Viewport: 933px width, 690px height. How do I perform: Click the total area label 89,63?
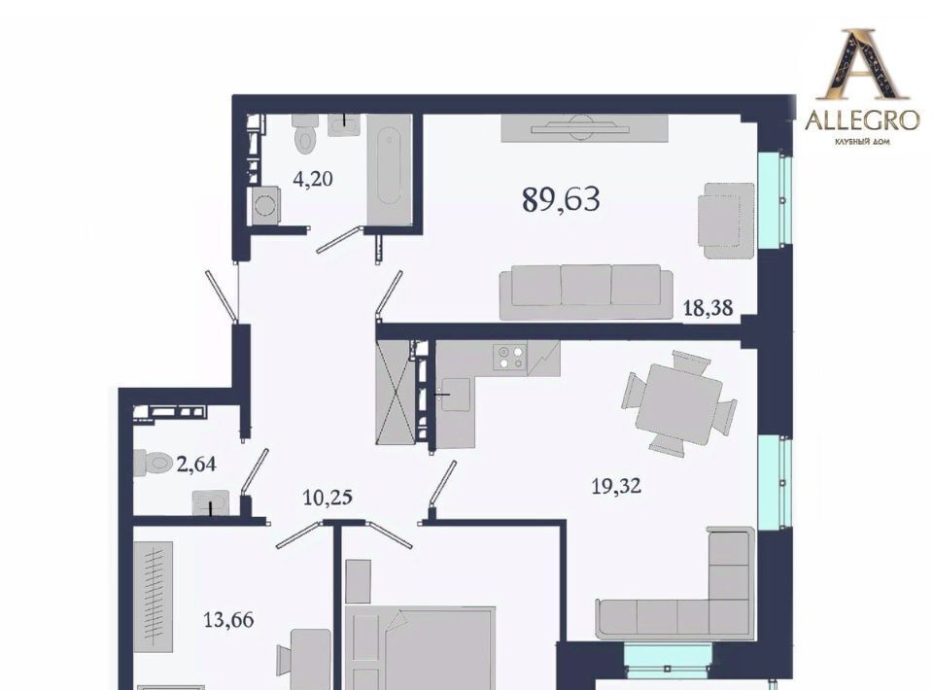click(561, 199)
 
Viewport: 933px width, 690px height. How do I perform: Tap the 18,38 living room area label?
click(708, 308)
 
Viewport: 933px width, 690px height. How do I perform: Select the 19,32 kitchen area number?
click(616, 487)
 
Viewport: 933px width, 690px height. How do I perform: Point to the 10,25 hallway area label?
click(328, 498)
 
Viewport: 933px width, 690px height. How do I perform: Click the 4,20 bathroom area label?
click(313, 179)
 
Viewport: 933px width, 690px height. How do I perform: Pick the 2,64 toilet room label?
click(196, 464)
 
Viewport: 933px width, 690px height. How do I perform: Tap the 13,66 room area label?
click(228, 620)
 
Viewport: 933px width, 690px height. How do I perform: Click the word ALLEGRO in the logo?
click(862, 121)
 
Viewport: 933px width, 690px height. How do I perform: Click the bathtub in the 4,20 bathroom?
click(389, 169)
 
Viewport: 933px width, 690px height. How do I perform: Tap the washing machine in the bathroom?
click(265, 206)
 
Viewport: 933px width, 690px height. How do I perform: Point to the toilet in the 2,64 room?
click(153, 463)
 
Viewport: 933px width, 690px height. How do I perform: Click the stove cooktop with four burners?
click(510, 357)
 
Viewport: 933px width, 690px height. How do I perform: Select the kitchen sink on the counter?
click(455, 394)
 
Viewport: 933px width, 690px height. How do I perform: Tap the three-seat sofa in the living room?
click(586, 292)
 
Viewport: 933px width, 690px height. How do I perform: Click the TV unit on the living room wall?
click(584, 128)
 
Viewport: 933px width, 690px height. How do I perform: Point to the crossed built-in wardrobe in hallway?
click(396, 392)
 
